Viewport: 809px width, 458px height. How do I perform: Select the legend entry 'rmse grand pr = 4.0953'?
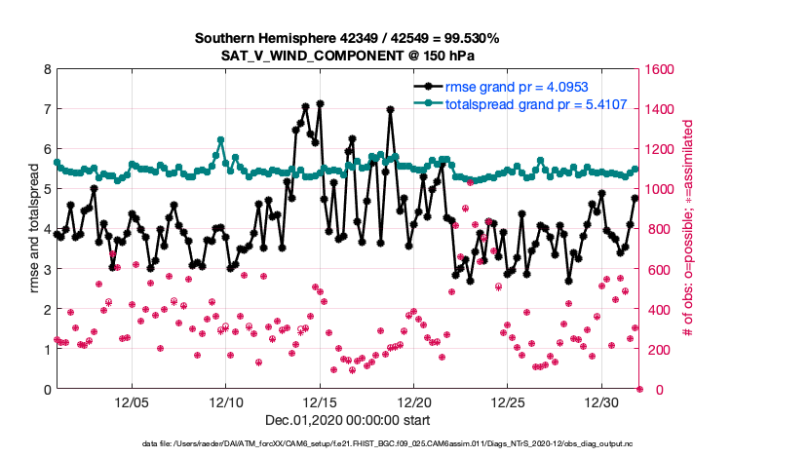[516, 87]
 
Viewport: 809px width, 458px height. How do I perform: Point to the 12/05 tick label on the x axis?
[132, 402]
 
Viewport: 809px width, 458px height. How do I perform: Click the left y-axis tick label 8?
[47, 69]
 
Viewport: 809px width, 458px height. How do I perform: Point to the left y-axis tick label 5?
[47, 189]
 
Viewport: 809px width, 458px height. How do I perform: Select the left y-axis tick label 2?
[47, 309]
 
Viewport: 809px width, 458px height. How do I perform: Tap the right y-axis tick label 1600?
[661, 69]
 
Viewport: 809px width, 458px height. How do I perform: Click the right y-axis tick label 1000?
[661, 189]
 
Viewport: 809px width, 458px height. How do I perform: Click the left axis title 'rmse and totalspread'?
[34, 229]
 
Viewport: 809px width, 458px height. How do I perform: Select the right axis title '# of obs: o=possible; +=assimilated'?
[691, 229]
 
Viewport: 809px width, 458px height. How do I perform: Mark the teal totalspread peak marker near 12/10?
[220, 140]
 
